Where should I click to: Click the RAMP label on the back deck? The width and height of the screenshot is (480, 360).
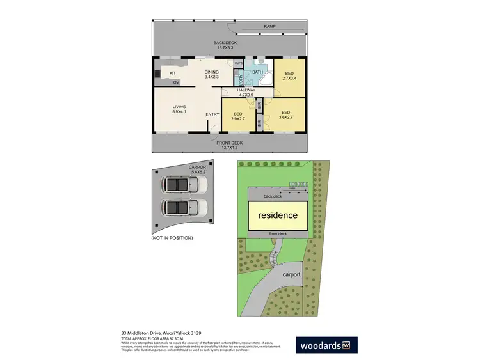pos(269,26)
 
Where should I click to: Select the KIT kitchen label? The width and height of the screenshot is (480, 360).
pos(173,73)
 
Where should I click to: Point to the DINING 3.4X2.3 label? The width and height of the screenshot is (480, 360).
pos(212,74)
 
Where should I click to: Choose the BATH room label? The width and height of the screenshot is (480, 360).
pos(257,72)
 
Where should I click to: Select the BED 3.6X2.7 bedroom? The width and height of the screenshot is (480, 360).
pos(287,114)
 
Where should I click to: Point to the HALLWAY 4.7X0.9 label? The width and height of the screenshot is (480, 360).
pos(246,93)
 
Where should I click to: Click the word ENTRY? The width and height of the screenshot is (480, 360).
pos(212,114)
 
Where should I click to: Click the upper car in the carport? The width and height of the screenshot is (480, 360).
pos(183,185)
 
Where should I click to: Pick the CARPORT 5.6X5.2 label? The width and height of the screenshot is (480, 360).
pos(198,169)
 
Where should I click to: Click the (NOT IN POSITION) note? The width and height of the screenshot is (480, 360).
pos(172,238)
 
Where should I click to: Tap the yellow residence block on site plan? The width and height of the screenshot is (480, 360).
pos(278,215)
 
